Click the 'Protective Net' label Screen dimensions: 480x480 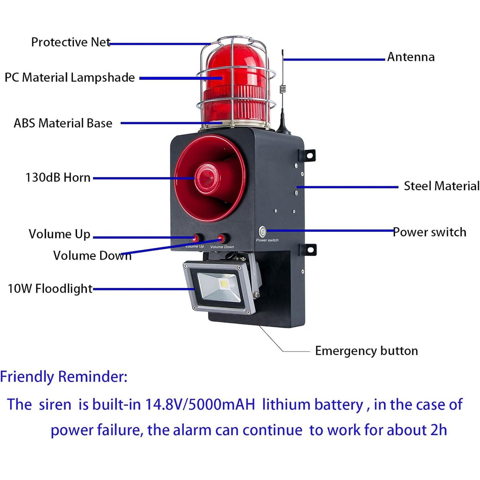pos(71,42)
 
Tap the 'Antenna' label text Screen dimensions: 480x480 pos(411,57)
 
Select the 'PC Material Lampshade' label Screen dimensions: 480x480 pos(70,77)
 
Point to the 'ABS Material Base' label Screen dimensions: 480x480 pos(63,123)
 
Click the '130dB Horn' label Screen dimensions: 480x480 pos(58,178)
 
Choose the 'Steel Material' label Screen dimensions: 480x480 pos(442,186)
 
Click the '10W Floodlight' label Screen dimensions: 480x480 pos(50,288)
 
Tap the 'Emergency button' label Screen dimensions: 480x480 pos(366,351)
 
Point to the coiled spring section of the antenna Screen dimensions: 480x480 pos(282,89)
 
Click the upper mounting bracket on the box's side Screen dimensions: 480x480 pos(307,156)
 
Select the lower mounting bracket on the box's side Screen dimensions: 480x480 pos(308,249)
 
